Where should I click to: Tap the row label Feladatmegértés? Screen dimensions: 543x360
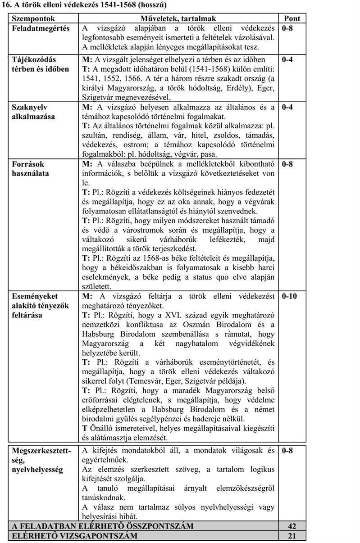tap(41, 29)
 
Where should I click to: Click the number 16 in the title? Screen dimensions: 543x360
tap(7, 5)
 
